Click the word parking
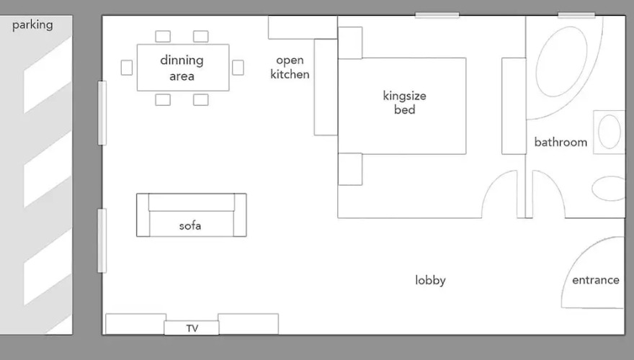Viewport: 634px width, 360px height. [32, 25]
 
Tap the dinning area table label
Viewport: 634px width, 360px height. [182, 68]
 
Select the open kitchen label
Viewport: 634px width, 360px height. [290, 67]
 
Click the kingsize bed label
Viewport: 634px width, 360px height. [404, 103]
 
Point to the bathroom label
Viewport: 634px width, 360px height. [561, 142]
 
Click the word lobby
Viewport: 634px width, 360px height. [430, 280]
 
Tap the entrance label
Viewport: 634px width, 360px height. [596, 280]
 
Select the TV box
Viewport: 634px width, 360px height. [192, 328]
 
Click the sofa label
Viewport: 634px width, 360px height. [190, 225]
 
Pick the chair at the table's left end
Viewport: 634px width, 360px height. [127, 68]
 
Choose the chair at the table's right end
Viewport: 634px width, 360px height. [238, 68]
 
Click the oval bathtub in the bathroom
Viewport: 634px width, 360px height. [562, 61]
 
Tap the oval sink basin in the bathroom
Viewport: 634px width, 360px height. [610, 132]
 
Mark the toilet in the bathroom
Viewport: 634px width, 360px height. [609, 189]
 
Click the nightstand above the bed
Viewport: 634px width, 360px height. [350, 42]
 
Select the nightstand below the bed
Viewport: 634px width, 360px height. [350, 169]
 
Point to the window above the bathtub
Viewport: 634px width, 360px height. [576, 15]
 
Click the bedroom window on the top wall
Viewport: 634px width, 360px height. [437, 15]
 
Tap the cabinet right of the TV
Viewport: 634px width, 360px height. [249, 324]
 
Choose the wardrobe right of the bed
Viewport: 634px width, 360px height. [514, 106]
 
